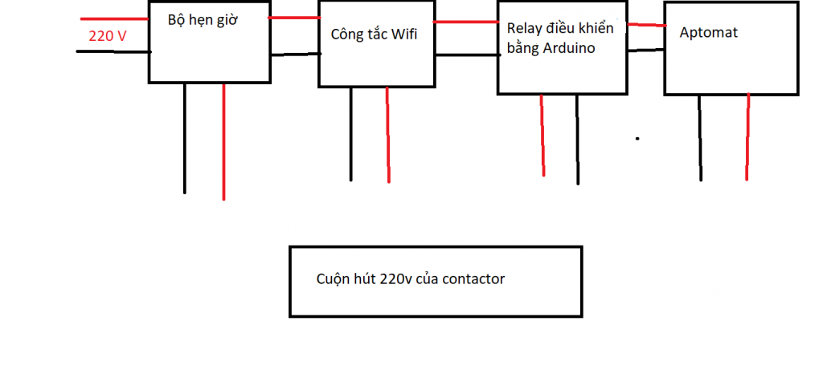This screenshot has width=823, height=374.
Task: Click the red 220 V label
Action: point(107,35)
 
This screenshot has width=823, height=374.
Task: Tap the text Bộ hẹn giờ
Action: point(204,20)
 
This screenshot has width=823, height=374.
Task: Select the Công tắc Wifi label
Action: point(374,35)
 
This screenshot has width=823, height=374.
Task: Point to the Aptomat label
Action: point(708,33)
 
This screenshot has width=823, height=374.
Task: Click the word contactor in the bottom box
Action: point(473,279)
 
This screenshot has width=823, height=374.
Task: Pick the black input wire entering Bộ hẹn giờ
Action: point(113,51)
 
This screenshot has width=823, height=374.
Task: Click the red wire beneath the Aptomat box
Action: point(747,136)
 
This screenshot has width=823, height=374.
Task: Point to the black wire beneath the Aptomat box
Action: point(700,136)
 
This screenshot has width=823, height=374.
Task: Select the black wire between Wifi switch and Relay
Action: point(466,55)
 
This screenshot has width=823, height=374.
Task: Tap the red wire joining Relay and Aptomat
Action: point(645,25)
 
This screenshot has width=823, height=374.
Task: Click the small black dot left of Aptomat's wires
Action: point(637,138)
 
